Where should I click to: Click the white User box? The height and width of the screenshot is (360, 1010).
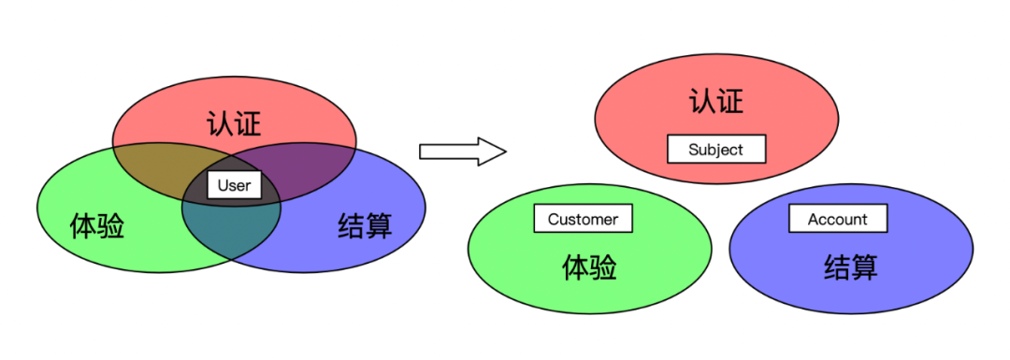[x=234, y=185]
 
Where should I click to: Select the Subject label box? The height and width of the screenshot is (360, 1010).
[x=715, y=149]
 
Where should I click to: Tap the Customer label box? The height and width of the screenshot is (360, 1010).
[x=583, y=219]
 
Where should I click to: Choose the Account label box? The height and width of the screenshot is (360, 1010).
[x=837, y=219]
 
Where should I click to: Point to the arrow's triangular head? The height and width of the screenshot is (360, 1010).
[x=492, y=151]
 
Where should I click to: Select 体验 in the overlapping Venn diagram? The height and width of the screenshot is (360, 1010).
[x=97, y=225]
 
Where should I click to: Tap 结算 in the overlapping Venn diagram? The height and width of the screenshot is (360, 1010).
[x=365, y=225]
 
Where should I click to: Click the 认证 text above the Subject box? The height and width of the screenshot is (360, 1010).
[x=716, y=101]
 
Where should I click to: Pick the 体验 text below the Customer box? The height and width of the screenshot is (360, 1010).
[x=589, y=267]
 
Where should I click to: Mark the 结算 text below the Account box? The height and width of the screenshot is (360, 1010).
[x=850, y=267]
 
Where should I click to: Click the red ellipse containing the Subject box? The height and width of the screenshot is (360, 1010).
[x=636, y=122]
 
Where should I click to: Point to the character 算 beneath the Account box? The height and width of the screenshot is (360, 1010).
[x=864, y=267]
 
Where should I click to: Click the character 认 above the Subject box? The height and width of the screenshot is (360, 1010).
[x=703, y=101]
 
